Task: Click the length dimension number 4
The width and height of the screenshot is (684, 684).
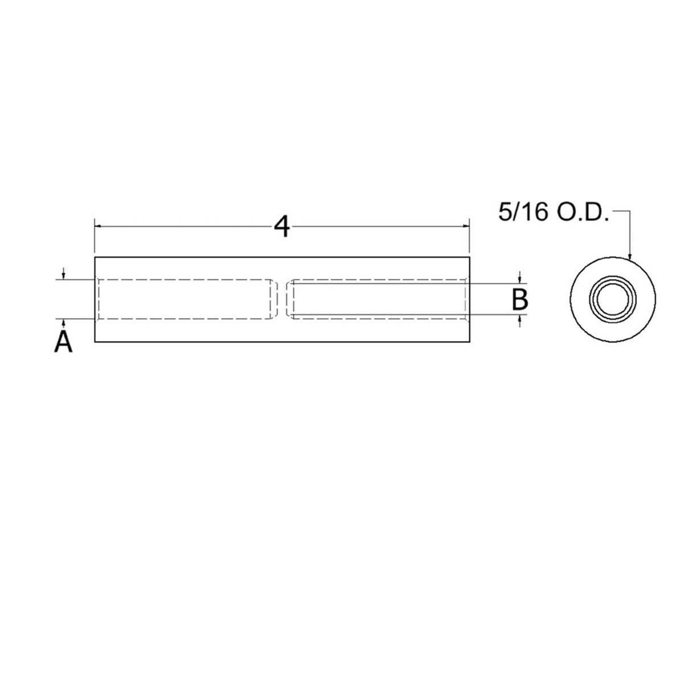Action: [282, 227]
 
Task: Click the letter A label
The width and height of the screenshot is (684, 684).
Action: [63, 342]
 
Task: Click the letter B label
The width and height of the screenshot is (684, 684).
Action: [520, 299]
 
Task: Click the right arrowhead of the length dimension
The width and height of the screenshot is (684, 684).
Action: [465, 227]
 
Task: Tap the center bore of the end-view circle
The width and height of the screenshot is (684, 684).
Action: [613, 299]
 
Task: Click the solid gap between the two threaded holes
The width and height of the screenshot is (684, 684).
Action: [282, 299]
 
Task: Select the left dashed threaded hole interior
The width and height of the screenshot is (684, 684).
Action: [182, 299]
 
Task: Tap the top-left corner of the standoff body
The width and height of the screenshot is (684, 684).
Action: [95, 258]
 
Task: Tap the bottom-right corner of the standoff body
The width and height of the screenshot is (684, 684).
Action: [469, 342]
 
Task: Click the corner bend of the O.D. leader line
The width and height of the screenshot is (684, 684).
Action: [630, 213]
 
